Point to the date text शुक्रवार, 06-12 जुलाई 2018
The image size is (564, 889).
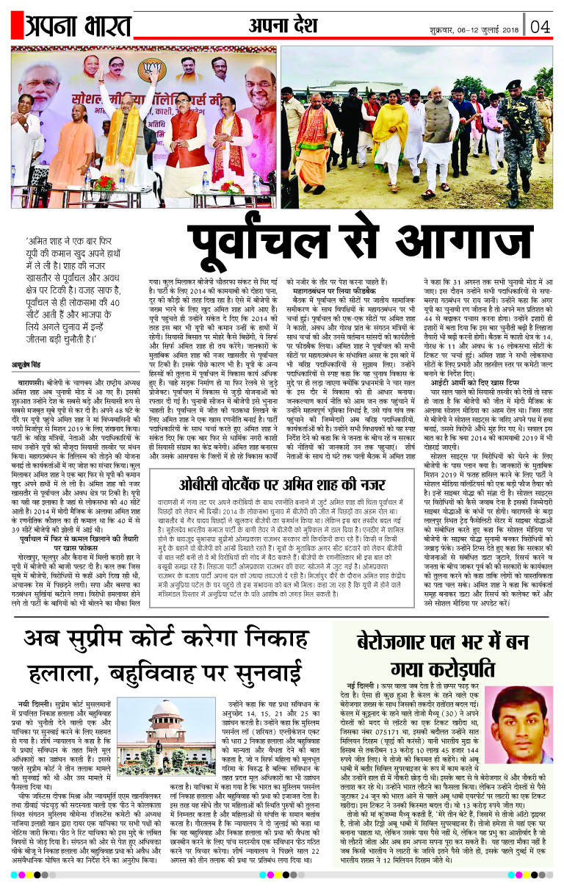click(x=475, y=30)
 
